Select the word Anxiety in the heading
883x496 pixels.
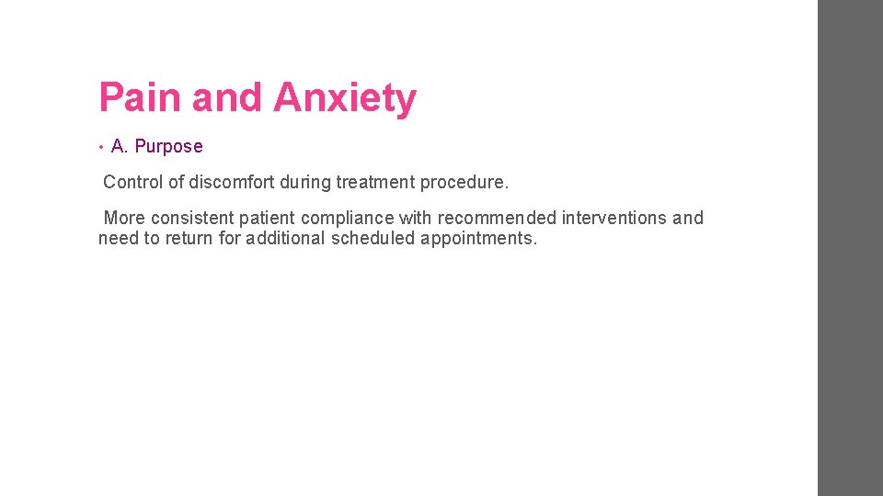pyautogui.click(x=345, y=97)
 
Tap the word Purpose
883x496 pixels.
pyautogui.click(x=168, y=146)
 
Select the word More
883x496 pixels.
pyautogui.click(x=124, y=218)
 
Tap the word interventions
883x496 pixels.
pyautogui.click(x=614, y=218)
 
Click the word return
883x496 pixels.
pyautogui.click(x=189, y=239)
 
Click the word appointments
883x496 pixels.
pyautogui.click(x=478, y=239)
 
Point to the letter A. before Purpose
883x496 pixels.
pyautogui.click(x=119, y=146)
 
